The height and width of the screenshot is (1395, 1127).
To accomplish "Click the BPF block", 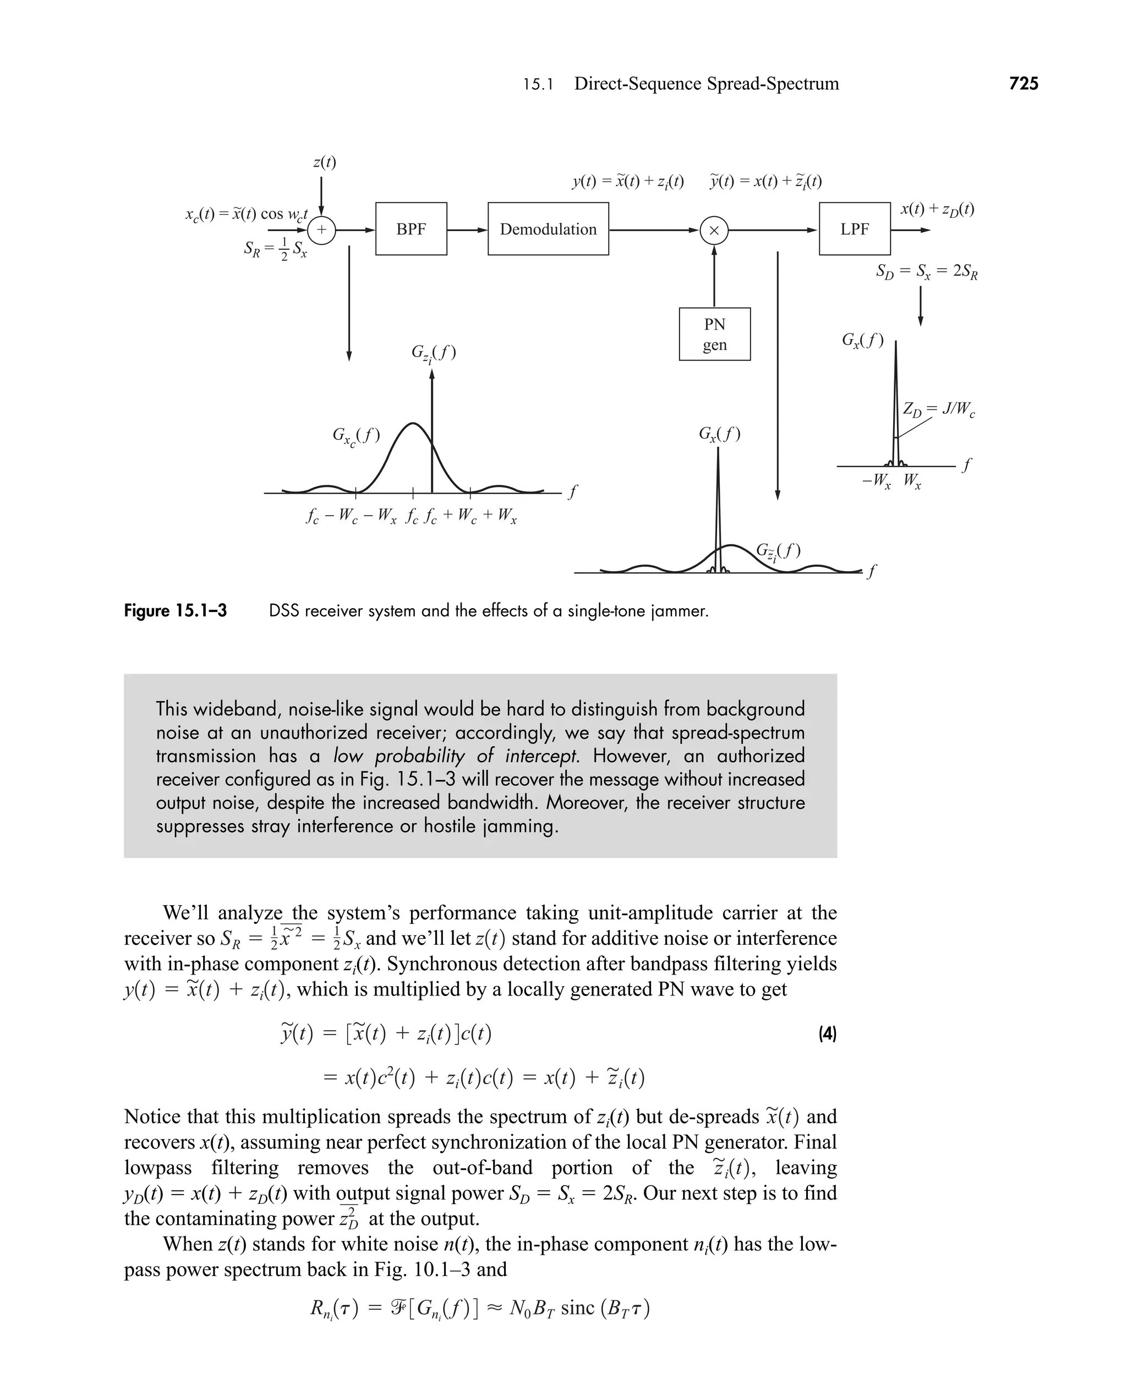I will [x=411, y=229].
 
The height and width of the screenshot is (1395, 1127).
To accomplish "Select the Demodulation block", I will [x=548, y=229].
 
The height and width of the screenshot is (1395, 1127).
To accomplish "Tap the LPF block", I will [x=855, y=229].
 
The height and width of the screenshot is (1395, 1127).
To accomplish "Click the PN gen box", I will [x=714, y=335].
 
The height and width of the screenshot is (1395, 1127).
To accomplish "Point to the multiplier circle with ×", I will [x=714, y=230].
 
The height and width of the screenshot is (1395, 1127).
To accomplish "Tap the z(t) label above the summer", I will [x=324, y=162].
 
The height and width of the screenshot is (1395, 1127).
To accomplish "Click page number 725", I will [x=1024, y=84].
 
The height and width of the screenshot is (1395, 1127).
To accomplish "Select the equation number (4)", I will [x=827, y=1033].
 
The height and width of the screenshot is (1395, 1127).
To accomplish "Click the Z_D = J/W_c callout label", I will [x=939, y=409].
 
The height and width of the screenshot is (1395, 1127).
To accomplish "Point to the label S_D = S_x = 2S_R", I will [x=926, y=271].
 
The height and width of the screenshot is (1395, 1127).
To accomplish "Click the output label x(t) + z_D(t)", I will [x=937, y=209].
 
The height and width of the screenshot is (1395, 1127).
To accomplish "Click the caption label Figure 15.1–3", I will [x=176, y=611].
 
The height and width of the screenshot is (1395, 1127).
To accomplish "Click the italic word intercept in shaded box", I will [x=542, y=756].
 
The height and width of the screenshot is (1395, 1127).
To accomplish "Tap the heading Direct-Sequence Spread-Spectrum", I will [x=707, y=84].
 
